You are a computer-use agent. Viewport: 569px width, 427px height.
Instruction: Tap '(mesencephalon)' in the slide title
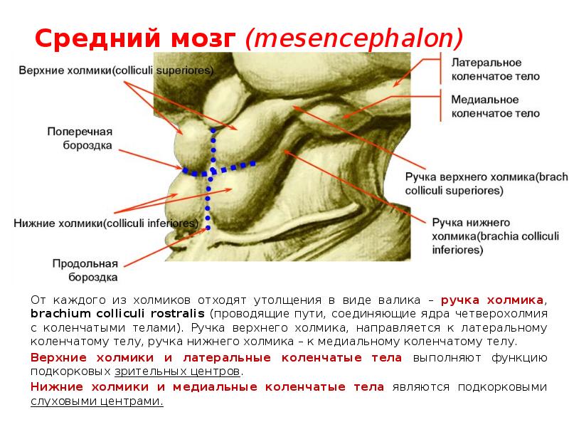pyautogui.click(x=354, y=38)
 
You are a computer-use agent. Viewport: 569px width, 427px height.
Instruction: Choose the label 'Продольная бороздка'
pyautogui.click(x=83, y=270)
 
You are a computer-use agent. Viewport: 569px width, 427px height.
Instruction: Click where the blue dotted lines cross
pyautogui.click(x=209, y=172)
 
